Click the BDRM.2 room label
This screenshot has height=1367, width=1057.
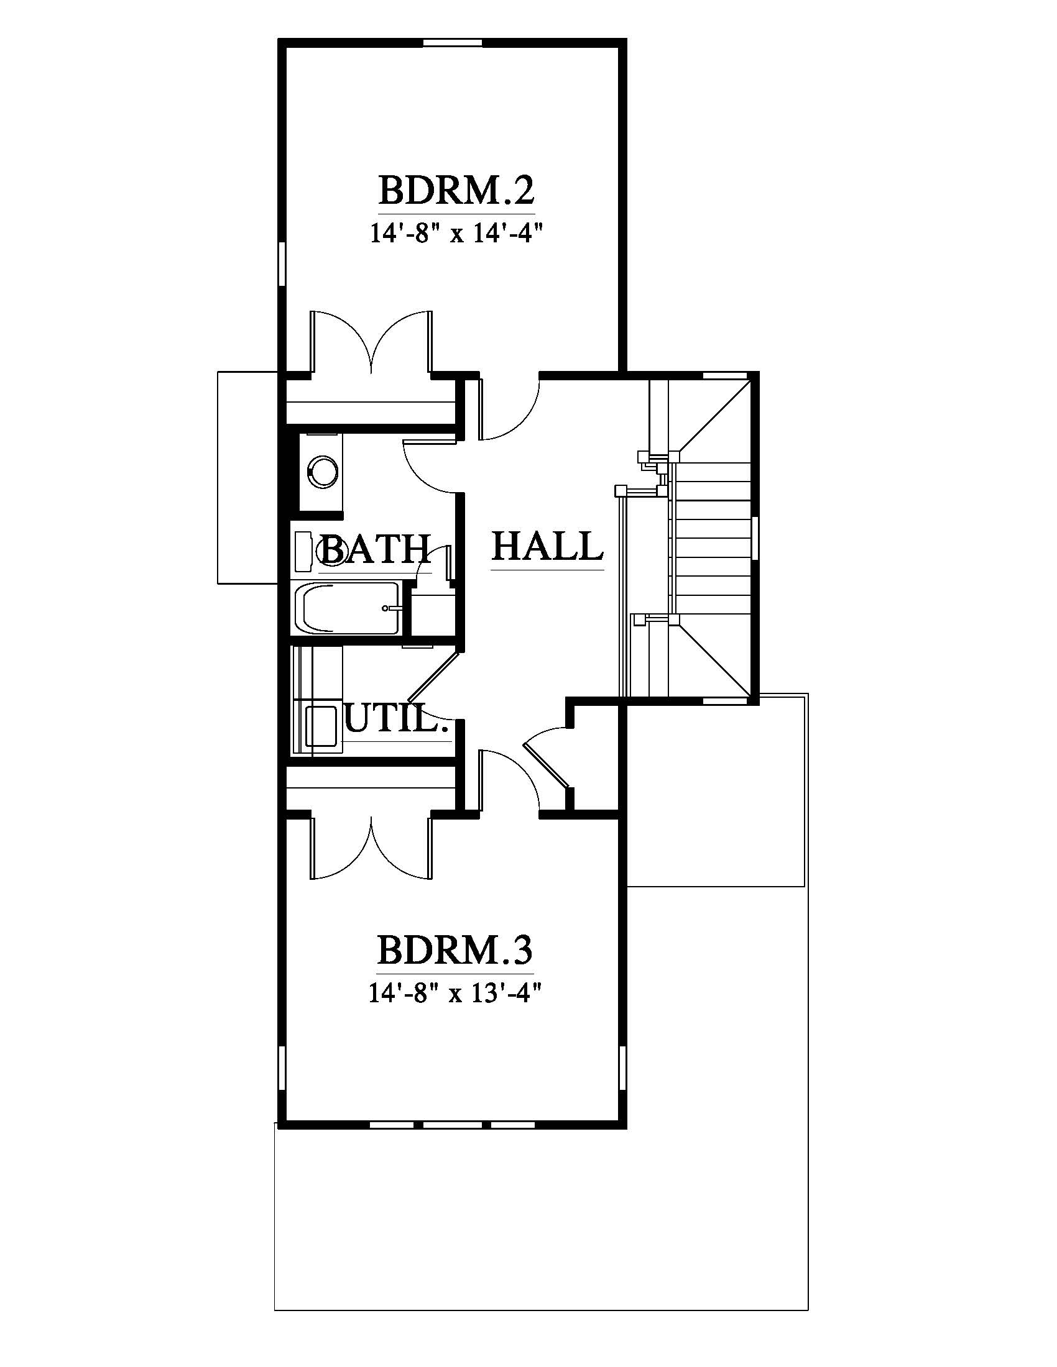[456, 191]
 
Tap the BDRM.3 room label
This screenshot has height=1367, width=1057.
[455, 949]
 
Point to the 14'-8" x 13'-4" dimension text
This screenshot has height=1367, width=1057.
[455, 994]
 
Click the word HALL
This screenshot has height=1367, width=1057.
[547, 546]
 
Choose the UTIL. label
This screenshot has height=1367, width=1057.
[397, 718]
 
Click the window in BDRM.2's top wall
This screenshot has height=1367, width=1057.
[453, 42]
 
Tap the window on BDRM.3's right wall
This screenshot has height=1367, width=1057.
[622, 1076]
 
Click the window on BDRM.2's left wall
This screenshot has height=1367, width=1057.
[282, 267]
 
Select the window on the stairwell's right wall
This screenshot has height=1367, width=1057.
[755, 537]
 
